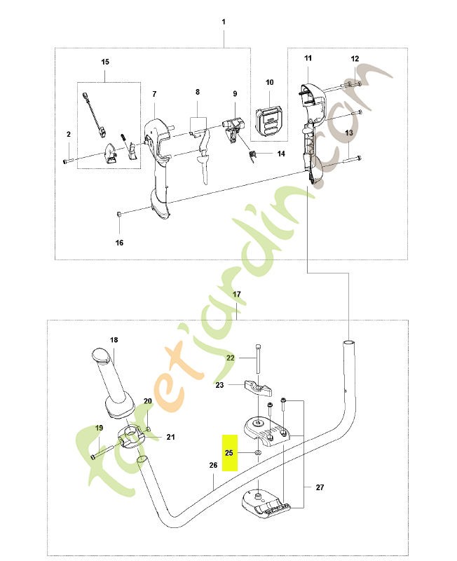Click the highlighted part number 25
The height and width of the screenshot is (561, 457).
229,452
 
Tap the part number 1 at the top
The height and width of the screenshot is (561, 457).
224,22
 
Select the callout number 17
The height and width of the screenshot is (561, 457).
237,294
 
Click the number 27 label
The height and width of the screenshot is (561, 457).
320,487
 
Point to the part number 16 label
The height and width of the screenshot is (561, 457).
119,243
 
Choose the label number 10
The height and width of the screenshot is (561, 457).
270,82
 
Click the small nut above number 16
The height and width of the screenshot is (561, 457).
119,214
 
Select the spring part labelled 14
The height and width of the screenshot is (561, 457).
253,155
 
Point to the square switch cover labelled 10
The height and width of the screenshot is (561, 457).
270,121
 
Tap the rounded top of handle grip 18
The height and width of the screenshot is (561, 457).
102,356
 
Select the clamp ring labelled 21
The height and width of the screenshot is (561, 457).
131,436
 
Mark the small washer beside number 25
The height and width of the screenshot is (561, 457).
258,453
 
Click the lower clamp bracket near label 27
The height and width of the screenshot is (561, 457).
267,503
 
